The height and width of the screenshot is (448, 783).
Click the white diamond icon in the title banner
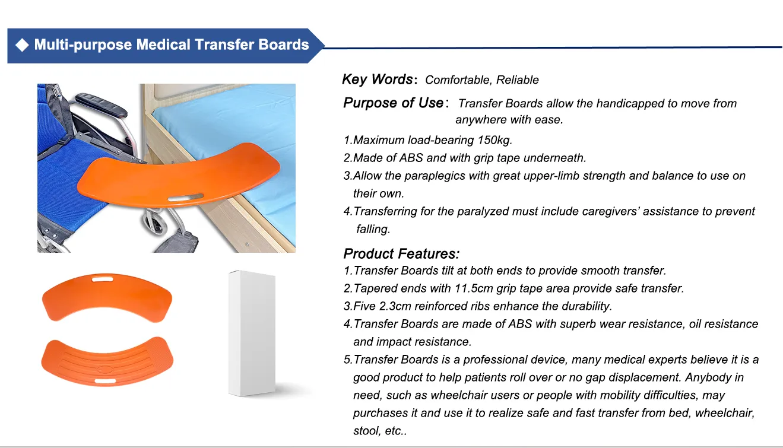22,46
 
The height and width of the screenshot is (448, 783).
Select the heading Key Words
377,80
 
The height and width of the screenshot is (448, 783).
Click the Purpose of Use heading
393,103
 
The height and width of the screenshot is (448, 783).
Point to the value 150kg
494,140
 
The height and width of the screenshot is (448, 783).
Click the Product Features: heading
401,254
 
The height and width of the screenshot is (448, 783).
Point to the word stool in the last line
366,431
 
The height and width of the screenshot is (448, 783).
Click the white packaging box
252,332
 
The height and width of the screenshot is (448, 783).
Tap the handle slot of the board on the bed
185,196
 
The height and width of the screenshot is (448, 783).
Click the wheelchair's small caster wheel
154,224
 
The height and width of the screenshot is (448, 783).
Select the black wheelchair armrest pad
103,103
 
